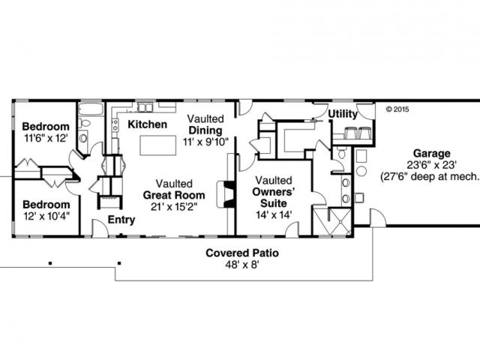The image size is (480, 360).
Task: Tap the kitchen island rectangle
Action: (x=152, y=144)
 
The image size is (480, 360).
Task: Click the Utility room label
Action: (x=342, y=113)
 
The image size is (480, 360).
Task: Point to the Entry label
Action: (x=121, y=220)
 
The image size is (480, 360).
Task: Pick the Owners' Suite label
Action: (x=273, y=196)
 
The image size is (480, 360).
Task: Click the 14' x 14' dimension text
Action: (x=273, y=214)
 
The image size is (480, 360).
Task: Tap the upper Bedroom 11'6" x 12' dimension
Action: (x=45, y=138)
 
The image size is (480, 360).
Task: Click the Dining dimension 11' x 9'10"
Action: (x=205, y=142)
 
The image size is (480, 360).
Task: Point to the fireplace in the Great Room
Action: (x=220, y=193)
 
